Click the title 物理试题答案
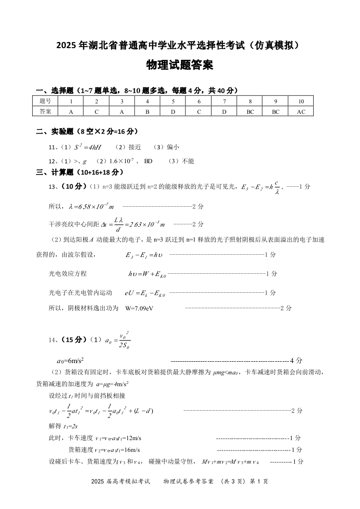[180, 65]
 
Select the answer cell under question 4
[147, 111]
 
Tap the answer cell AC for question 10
[301, 111]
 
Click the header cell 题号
[45, 101]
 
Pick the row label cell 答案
[45, 111]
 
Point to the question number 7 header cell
[224, 101]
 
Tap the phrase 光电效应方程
[68, 273]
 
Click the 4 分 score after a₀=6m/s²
[296, 361]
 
